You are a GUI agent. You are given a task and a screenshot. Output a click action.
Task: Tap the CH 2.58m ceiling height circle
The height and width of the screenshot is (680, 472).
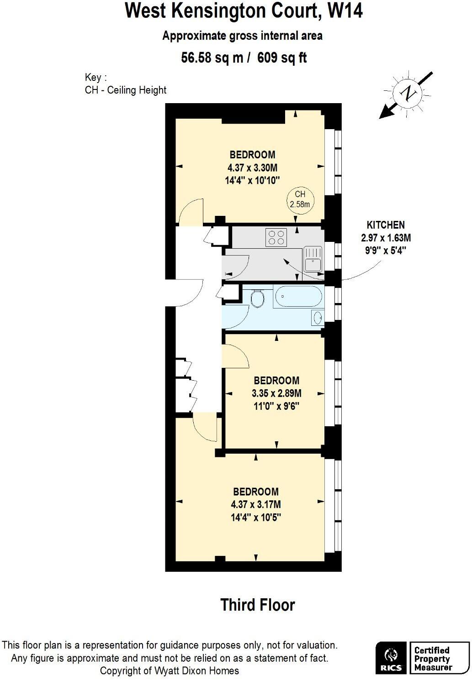coord(300,199)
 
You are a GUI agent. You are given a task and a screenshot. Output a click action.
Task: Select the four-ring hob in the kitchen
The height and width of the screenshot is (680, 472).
coord(276,237)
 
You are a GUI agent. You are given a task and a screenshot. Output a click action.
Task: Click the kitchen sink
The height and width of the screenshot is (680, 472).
coord(313,259)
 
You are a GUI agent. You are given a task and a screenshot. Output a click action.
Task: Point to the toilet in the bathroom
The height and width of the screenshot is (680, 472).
coord(258,299)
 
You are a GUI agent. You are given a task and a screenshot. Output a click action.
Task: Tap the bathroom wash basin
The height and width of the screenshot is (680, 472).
coord(318,317)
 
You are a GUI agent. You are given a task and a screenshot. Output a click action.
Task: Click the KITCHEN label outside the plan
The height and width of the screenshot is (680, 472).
coord(386,225)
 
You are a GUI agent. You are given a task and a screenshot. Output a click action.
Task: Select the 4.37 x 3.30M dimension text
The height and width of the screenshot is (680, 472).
coord(252,167)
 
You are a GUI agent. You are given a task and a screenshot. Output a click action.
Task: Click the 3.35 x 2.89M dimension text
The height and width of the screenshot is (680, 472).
coord(276,393)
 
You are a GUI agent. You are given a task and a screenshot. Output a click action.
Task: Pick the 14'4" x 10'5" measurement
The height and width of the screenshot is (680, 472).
coord(255,518)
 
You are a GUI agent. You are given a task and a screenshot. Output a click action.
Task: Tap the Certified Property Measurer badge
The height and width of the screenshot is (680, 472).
coord(439,657)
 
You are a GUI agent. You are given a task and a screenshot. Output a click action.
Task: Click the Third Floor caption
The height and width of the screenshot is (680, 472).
coord(258,605)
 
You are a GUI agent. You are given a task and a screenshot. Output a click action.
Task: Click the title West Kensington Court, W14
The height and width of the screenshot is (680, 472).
coord(244,11)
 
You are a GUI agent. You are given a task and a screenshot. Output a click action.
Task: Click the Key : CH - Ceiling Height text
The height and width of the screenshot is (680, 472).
coord(126,84)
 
